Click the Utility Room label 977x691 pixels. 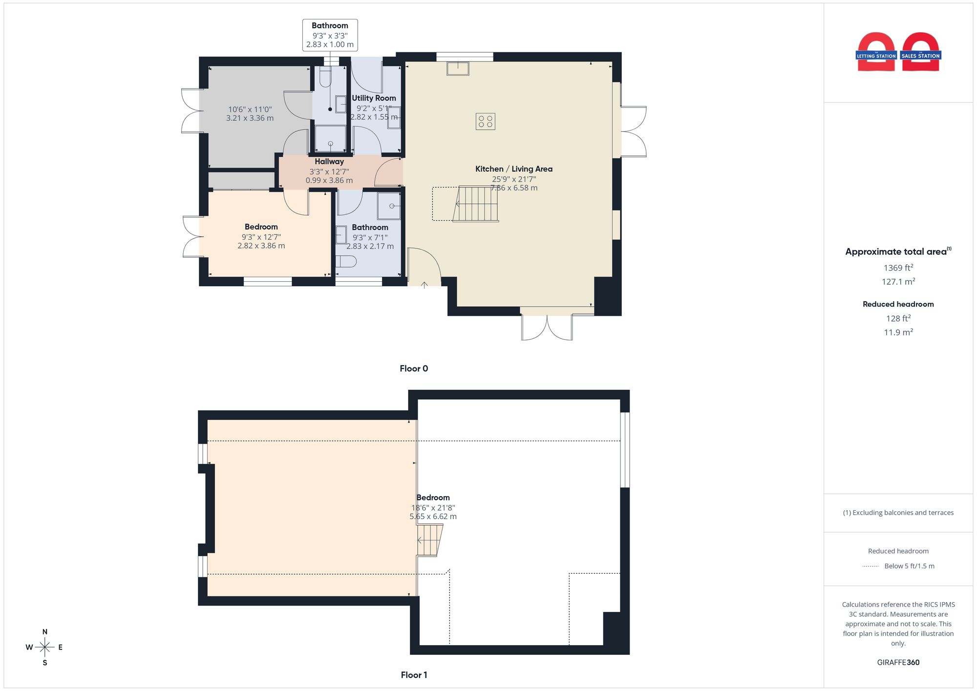point(374,98)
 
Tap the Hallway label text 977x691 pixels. point(329,162)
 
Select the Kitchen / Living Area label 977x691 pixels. point(514,169)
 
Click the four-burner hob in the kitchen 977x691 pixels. point(486,122)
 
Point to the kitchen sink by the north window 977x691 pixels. point(458,68)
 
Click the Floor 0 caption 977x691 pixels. point(414,369)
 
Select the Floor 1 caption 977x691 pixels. point(414,675)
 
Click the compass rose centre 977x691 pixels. point(45,648)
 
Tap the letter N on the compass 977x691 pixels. point(45,632)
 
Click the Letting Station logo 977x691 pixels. point(876,52)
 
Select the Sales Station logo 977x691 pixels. point(921,52)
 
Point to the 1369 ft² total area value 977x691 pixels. point(898,268)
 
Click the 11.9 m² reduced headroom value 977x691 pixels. point(898,332)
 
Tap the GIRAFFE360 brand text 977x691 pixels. point(898,663)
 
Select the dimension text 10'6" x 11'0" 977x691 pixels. point(250,109)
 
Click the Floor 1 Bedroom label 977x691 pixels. point(433,498)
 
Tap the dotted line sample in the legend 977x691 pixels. point(871,566)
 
